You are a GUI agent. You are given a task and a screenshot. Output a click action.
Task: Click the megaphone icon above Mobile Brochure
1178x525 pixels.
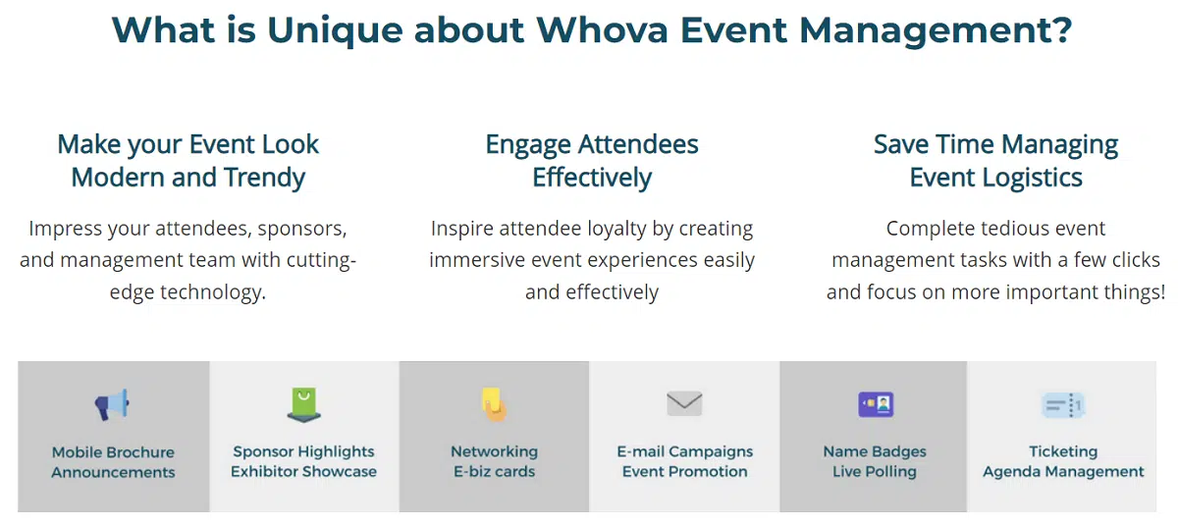pos(112,404)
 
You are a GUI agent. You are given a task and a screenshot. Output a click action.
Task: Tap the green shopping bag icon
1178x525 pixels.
pos(304,404)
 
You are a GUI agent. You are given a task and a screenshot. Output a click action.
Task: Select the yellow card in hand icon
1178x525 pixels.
pos(494,404)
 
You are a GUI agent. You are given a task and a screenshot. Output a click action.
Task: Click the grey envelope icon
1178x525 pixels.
pos(684,403)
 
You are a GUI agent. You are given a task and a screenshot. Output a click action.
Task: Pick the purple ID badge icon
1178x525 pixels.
pos(876,404)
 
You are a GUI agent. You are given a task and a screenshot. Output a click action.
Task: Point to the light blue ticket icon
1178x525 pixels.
pos(1063,405)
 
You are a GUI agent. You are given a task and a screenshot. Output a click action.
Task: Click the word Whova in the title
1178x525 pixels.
pos(602,30)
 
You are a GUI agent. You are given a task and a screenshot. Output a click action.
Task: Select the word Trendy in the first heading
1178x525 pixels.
pos(264,178)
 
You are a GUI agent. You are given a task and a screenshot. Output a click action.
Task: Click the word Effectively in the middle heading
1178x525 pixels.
pos(592,177)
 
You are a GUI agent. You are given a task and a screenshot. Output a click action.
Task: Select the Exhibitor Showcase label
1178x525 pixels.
pos(304,471)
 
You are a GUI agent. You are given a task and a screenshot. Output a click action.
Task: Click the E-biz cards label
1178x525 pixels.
pos(495,471)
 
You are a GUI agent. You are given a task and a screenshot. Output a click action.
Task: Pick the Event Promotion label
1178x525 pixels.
pos(685,471)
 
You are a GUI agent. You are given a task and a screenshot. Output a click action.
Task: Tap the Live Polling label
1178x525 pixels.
pos(875,471)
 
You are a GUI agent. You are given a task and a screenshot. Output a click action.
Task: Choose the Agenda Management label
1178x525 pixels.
pos(1063,471)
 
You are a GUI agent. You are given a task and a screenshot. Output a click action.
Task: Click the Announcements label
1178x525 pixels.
pos(113,472)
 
